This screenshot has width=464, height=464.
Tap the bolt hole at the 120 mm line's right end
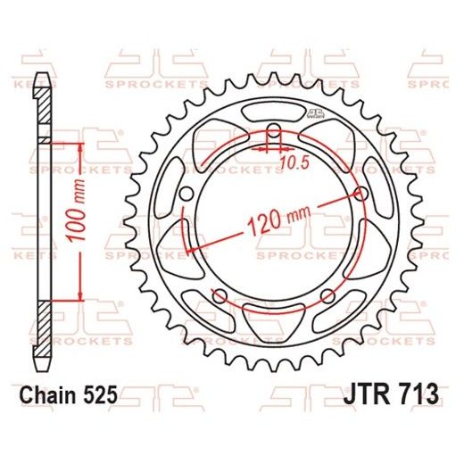[360, 194]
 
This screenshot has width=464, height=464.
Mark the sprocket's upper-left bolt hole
[186, 195]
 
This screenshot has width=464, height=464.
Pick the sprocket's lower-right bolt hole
[329, 295]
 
